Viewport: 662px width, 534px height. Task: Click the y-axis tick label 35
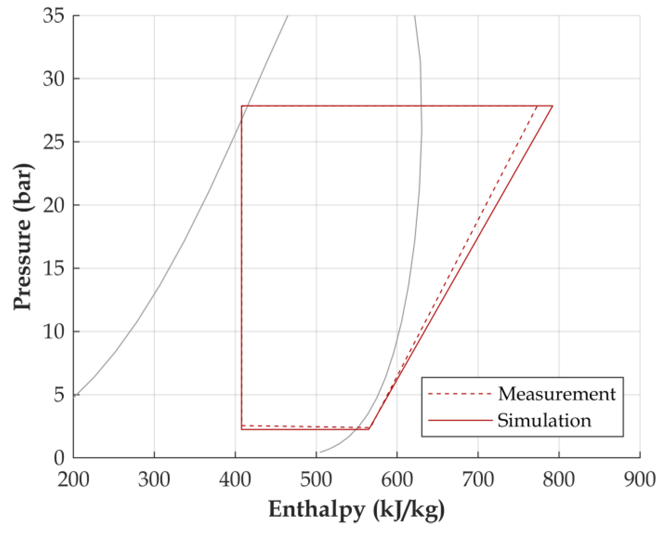click(x=53, y=16)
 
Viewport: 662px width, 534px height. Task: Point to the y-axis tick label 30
click(x=53, y=79)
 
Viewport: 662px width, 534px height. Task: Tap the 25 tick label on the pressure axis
click(x=53, y=142)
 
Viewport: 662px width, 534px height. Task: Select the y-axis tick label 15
click(x=53, y=269)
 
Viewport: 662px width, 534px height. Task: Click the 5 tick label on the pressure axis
click(x=59, y=395)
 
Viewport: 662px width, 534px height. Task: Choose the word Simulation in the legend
click(x=544, y=421)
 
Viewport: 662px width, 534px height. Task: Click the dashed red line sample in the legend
click(x=460, y=394)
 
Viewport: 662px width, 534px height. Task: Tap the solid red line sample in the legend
click(x=460, y=421)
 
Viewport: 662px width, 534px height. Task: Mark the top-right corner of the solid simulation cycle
click(x=552, y=106)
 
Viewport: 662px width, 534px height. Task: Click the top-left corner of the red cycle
click(x=241, y=106)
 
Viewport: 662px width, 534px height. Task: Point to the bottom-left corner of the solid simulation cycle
click(x=241, y=430)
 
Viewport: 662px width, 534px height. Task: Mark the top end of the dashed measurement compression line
click(x=537, y=107)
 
